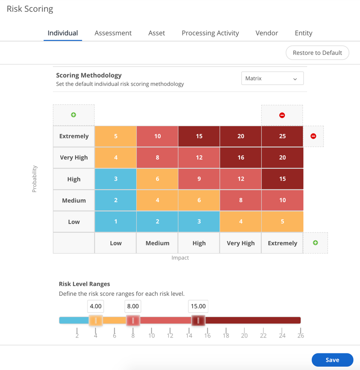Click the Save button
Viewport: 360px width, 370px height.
(x=332, y=360)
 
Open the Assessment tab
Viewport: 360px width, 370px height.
(x=113, y=33)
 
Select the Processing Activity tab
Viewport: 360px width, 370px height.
(x=210, y=33)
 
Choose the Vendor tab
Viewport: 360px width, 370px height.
(x=267, y=33)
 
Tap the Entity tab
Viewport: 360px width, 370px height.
(x=303, y=33)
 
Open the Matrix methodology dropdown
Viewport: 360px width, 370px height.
(x=272, y=78)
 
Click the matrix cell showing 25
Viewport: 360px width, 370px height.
(x=282, y=136)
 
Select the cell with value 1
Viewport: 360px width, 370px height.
(x=116, y=222)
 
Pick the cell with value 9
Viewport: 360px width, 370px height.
(x=199, y=179)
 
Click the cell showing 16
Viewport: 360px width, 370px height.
(x=240, y=158)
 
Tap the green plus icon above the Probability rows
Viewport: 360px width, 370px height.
(x=74, y=115)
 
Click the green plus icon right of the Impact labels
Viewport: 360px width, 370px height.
(x=316, y=243)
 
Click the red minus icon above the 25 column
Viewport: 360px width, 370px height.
(x=282, y=115)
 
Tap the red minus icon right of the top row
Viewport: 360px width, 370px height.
(x=313, y=136)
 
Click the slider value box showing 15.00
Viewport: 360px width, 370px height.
(x=198, y=306)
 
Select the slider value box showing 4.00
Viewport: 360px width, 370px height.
(x=95, y=306)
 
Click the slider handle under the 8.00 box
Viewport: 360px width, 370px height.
(x=133, y=320)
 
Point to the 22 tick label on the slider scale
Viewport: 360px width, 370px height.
(x=263, y=336)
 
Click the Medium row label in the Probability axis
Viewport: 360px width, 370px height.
(x=74, y=200)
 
